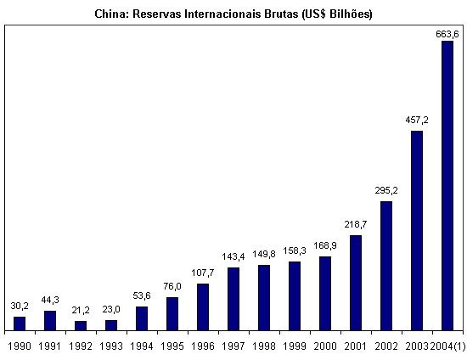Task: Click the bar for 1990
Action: point(20,323)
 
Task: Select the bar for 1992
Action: point(81,326)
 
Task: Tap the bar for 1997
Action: point(233,299)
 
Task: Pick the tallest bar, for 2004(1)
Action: point(447,186)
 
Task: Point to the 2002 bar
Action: point(386,266)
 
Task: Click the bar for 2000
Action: point(325,294)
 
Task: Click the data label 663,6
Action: point(447,34)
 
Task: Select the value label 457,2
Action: point(417,120)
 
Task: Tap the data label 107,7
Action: point(203,273)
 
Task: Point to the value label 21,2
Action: point(81,310)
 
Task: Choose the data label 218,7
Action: point(356,224)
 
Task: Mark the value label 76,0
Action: point(172,286)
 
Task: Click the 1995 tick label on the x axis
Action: point(172,346)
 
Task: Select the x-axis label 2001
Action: point(356,346)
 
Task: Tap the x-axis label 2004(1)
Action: point(448,346)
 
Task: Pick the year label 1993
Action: point(111,346)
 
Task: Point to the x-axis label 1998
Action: point(264,346)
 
